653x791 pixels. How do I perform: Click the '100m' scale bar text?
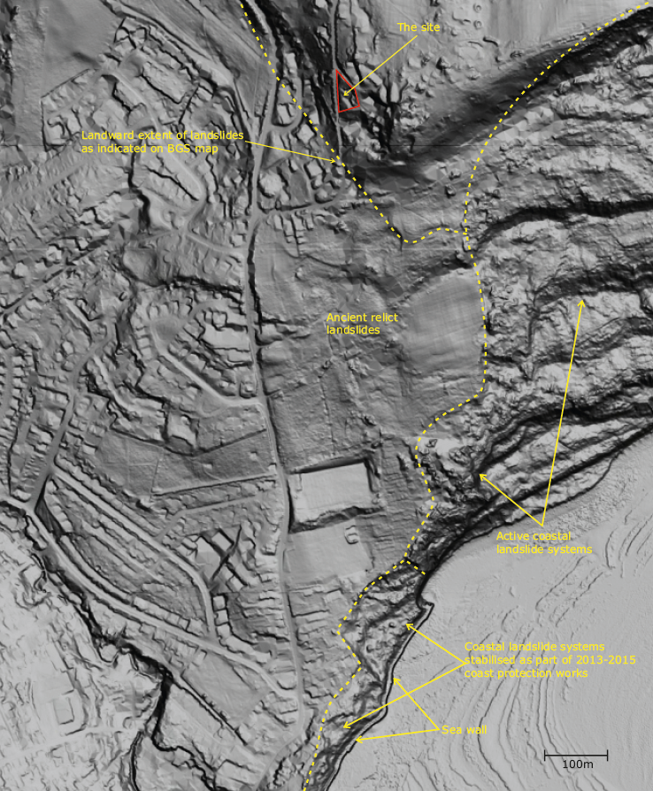[577, 764]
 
